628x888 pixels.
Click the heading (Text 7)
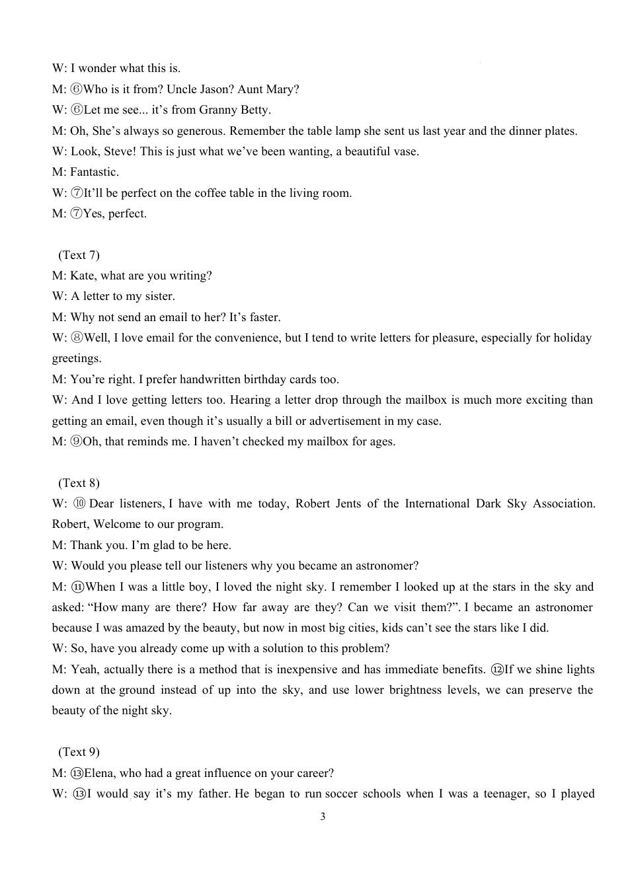(79, 255)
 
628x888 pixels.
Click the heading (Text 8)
(79, 483)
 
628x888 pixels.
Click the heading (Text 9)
(79, 752)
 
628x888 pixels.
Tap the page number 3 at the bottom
(323, 817)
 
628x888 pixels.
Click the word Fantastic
(95, 172)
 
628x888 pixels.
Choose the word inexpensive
(311, 669)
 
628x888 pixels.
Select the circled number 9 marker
(77, 441)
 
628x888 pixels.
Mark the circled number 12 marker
(497, 669)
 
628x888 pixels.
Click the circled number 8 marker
(77, 338)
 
